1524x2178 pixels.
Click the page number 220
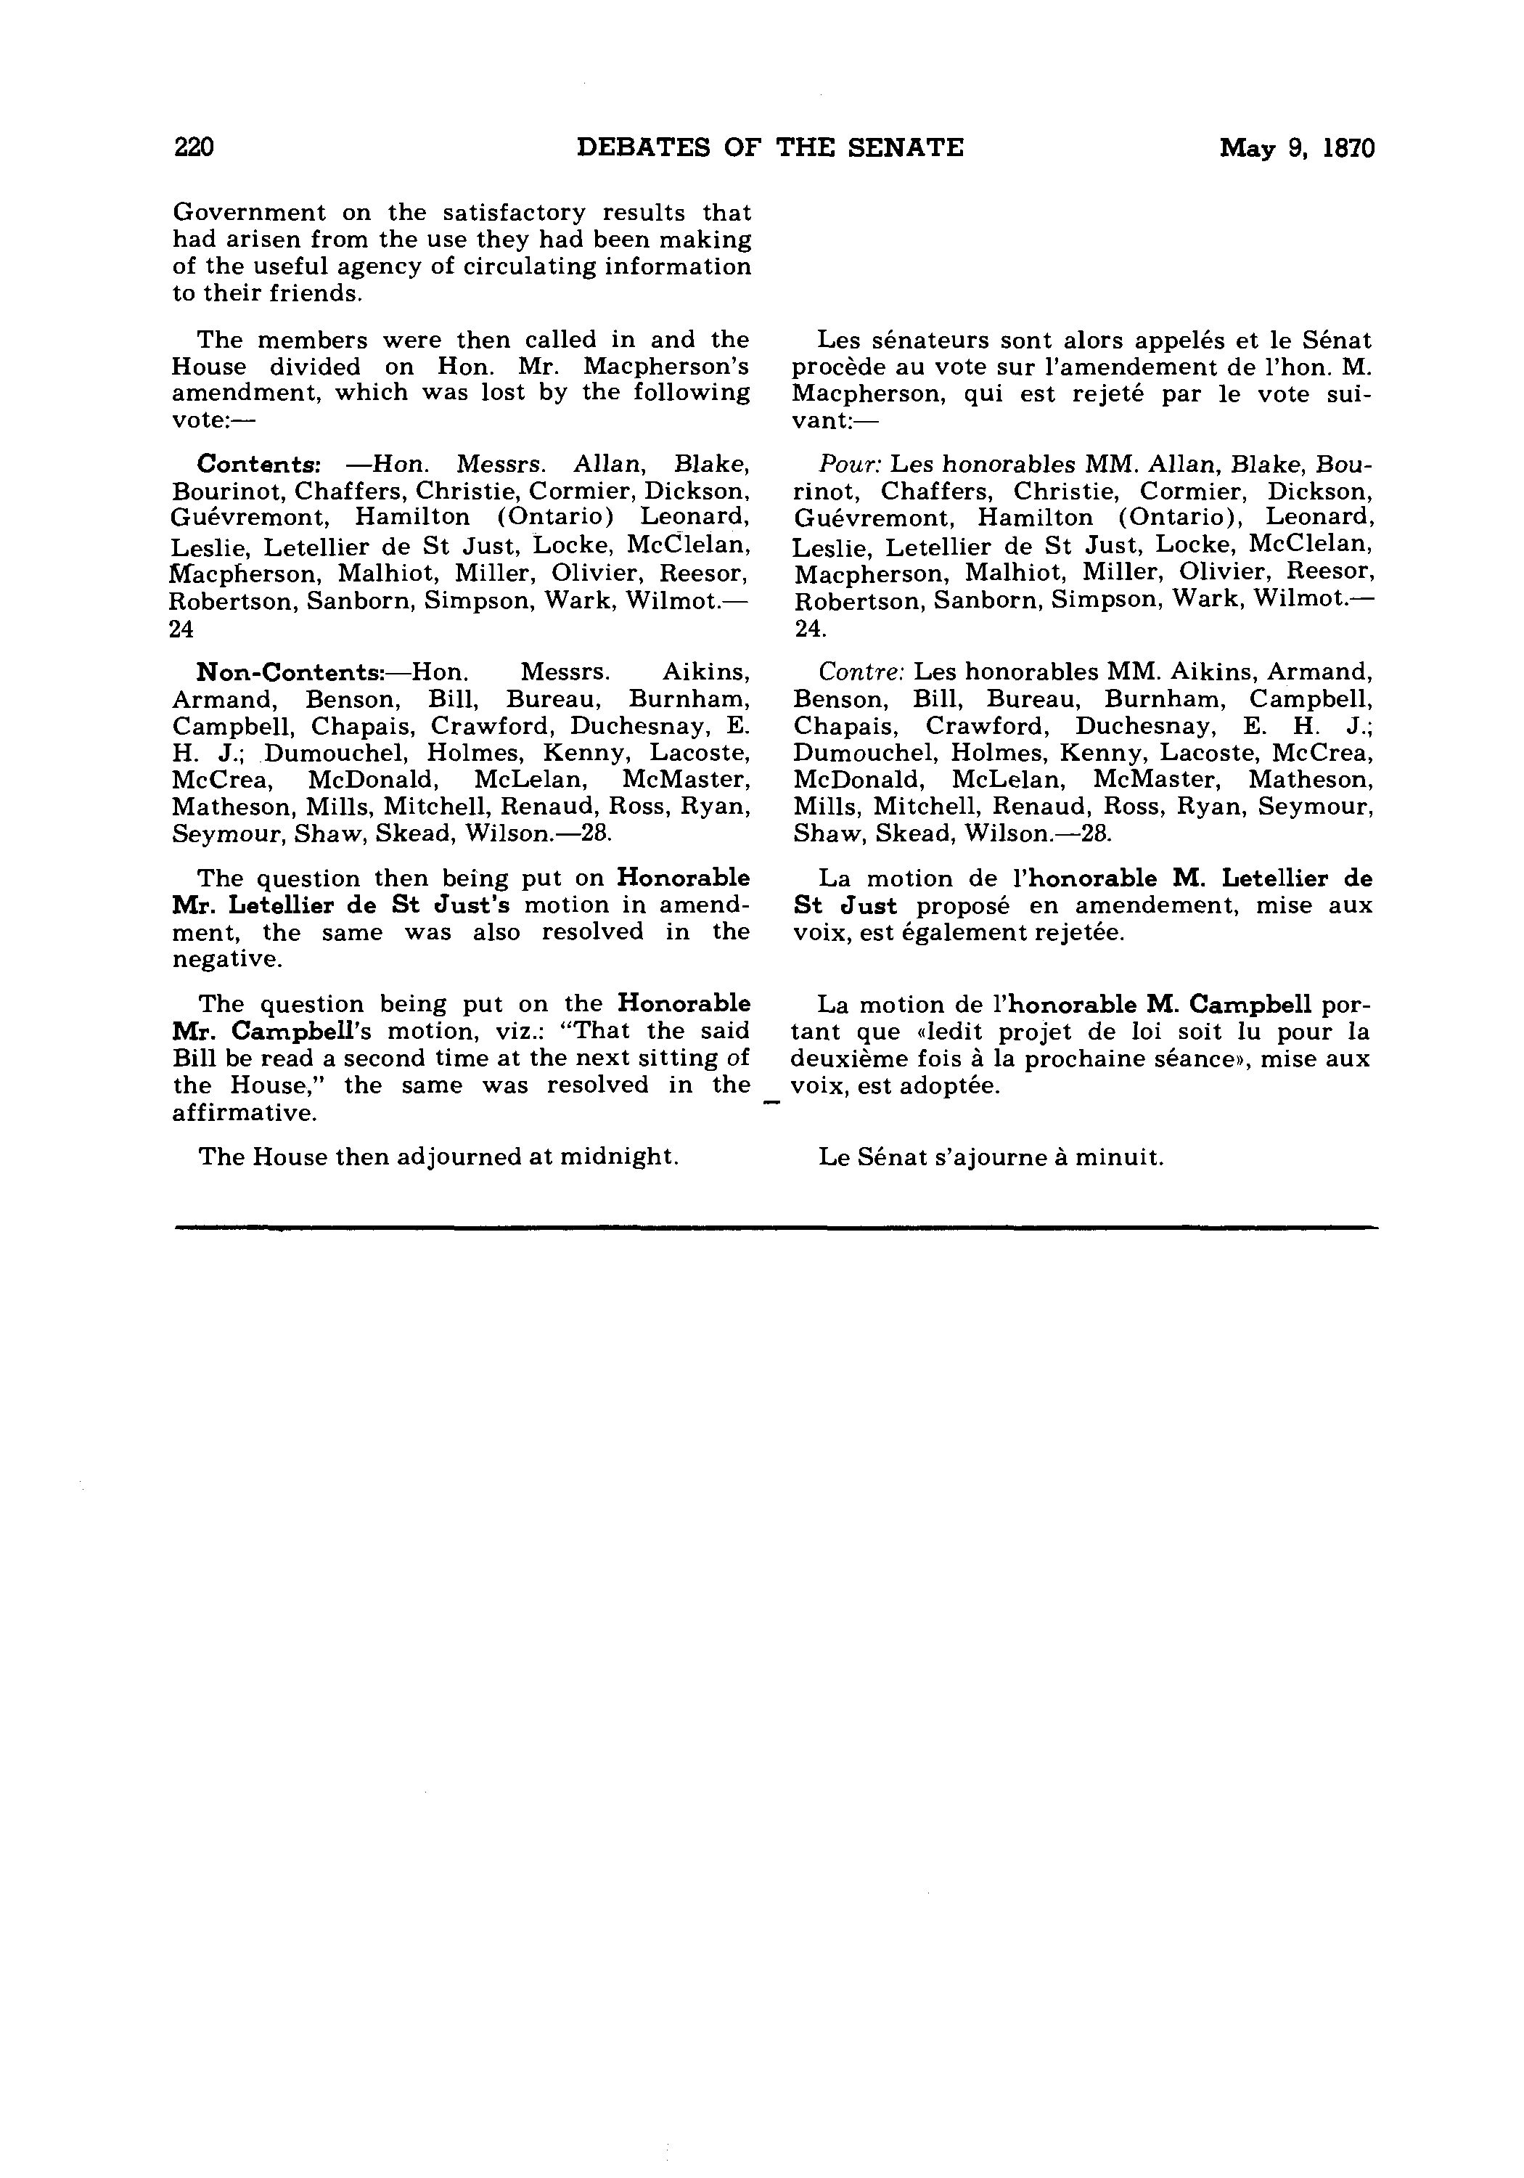pos(194,148)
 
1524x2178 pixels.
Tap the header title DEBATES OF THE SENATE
pos(769,148)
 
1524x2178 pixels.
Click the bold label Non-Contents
pos(288,672)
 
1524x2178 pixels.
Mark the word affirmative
pos(245,1113)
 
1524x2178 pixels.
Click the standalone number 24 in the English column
pos(181,629)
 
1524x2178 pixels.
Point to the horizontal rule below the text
pos(775,1228)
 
